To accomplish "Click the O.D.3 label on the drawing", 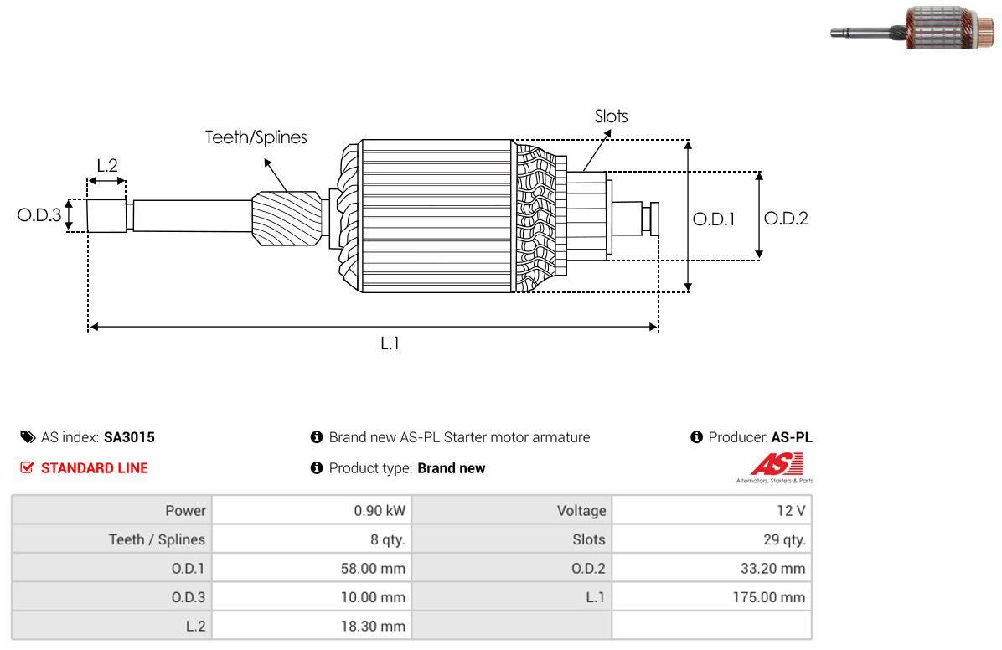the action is (x=39, y=214).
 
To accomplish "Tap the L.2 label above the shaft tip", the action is (x=107, y=166).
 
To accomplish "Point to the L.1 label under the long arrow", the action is (x=390, y=344).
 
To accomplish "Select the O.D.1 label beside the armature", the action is (x=714, y=219).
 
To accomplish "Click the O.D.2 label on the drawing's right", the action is (x=786, y=219).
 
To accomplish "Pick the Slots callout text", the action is (x=611, y=116).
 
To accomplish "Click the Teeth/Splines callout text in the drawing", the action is (x=256, y=137).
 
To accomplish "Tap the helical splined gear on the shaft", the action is (x=287, y=218).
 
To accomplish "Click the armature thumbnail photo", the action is (x=913, y=28).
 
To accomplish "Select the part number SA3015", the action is (x=129, y=437).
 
